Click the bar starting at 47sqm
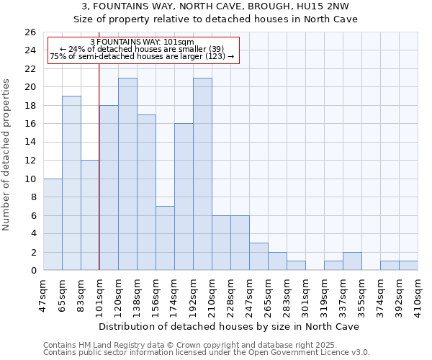point(53,224)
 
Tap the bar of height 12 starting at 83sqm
point(90,215)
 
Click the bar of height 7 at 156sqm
point(165,238)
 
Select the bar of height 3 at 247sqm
point(258,256)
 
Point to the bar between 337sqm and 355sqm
point(352,261)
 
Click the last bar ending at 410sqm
point(408,266)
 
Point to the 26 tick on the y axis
point(30,32)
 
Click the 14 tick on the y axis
point(30,142)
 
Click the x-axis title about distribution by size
point(230,326)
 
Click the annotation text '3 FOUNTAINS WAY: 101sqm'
point(142,42)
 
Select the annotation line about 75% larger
point(142,56)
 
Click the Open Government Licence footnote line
point(207,353)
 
